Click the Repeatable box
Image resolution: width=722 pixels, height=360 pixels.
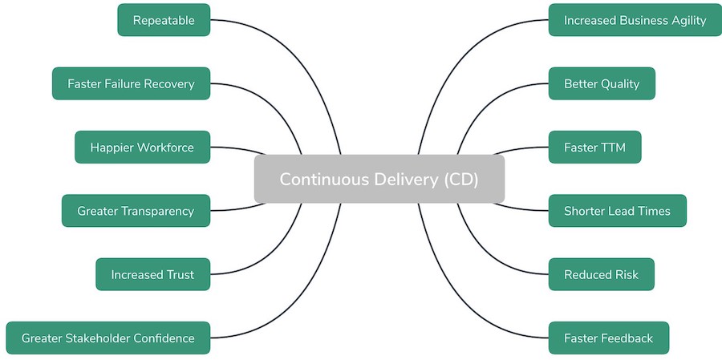coord(164,20)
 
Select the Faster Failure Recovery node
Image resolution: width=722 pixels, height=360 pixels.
coord(131,83)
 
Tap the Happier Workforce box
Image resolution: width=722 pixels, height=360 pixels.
coord(142,148)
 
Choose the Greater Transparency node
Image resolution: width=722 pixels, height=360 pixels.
coord(136,211)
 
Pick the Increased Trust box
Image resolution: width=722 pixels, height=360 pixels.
coord(152,274)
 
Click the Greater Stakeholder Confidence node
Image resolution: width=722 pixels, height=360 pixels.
coord(107,338)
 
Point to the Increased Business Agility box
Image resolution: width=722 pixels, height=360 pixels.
coord(635,20)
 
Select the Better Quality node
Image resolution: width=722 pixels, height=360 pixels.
coord(602,83)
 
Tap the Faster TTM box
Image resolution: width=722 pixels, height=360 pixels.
coord(594,148)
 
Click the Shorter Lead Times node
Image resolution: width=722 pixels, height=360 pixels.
coord(617,211)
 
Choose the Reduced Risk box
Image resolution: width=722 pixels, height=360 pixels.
coord(601,274)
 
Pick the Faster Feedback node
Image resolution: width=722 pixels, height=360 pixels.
coord(608,338)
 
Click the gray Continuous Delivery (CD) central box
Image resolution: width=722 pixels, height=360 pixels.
coord(379,179)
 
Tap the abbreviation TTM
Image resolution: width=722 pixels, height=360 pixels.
coord(611,148)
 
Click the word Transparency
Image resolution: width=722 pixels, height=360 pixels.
coord(157,211)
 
